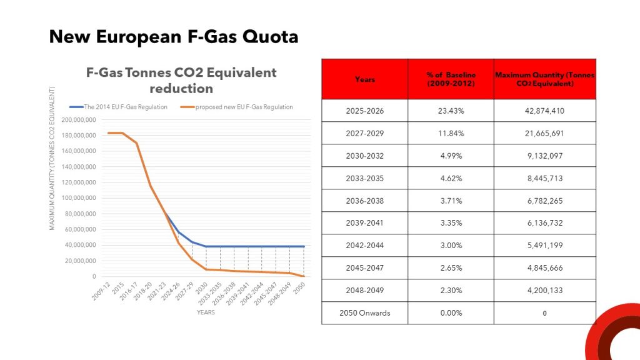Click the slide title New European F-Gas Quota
pyautogui.click(x=174, y=37)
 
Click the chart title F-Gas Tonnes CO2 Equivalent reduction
pyautogui.click(x=181, y=80)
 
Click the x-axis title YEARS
pyautogui.click(x=206, y=312)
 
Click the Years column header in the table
pyautogui.click(x=365, y=79)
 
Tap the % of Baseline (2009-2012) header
pyautogui.click(x=451, y=79)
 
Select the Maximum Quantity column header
pyautogui.click(x=544, y=79)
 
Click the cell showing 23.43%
pyautogui.click(x=451, y=111)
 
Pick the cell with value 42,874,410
pyautogui.click(x=544, y=111)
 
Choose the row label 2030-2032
pyautogui.click(x=365, y=156)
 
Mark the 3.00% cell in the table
pyautogui.click(x=451, y=246)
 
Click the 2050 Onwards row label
pyautogui.click(x=365, y=313)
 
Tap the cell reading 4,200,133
pyautogui.click(x=544, y=291)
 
